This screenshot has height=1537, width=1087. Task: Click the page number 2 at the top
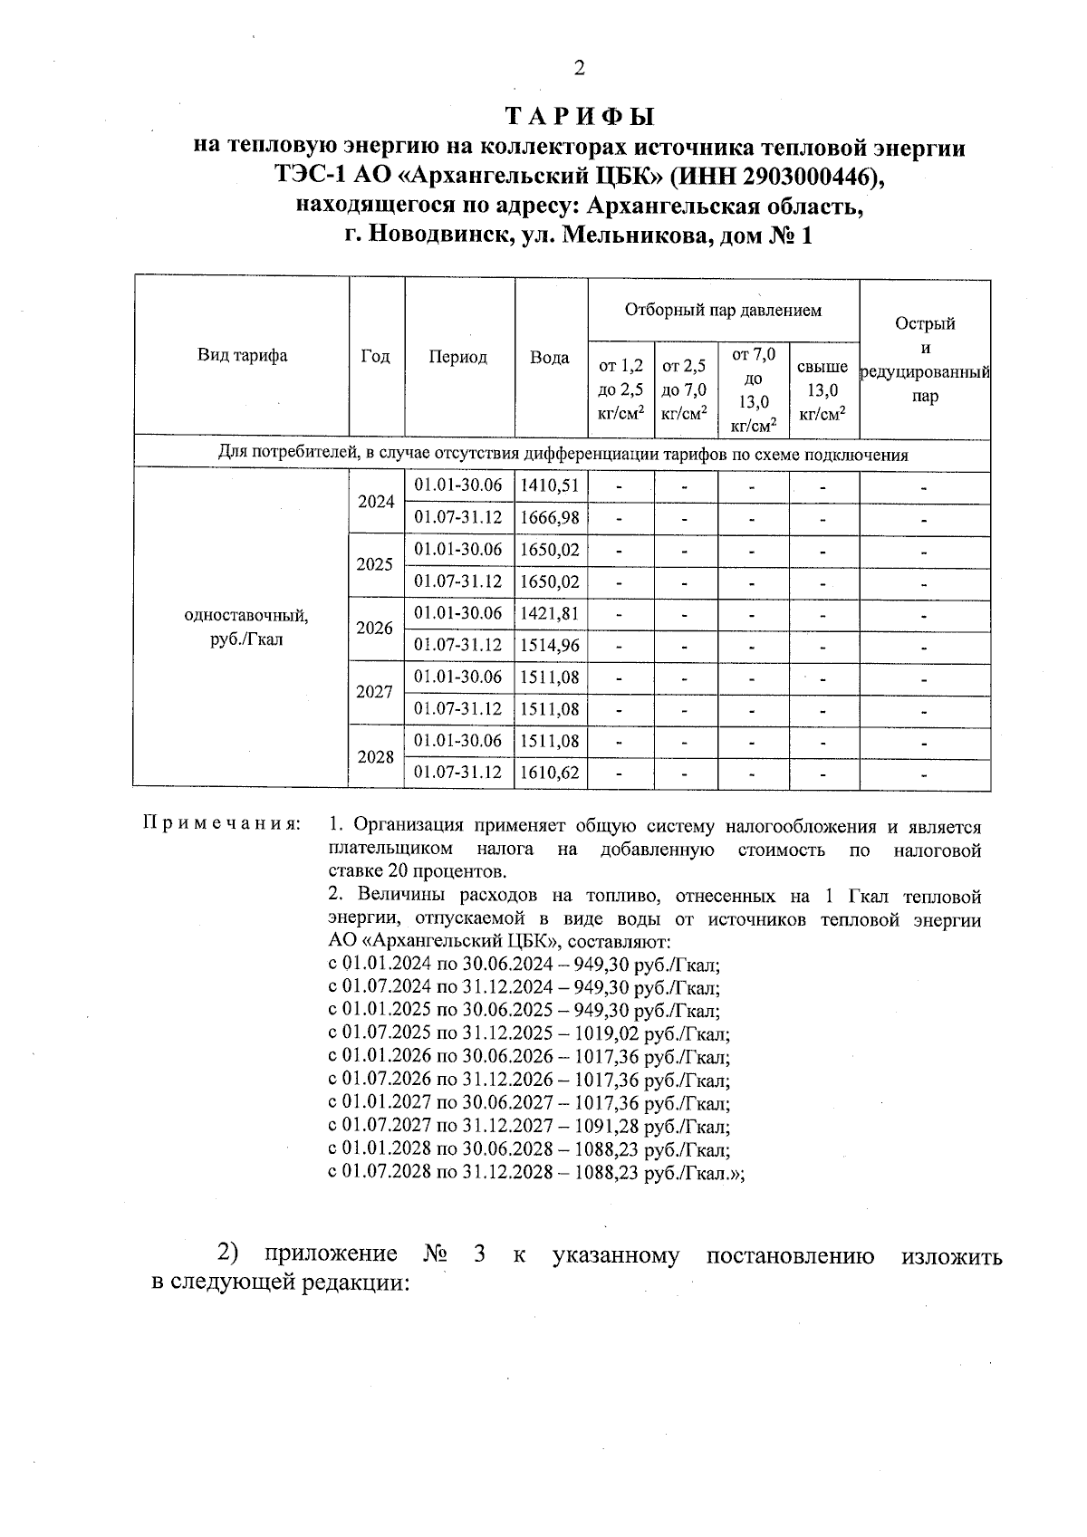coord(580,68)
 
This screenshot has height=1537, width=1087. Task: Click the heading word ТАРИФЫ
coord(580,118)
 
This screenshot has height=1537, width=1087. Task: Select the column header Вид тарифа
coord(242,356)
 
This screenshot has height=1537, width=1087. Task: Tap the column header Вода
coord(550,358)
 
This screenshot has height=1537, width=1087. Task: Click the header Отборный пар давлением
coord(723,311)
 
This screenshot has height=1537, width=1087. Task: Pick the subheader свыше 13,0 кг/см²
coord(822,389)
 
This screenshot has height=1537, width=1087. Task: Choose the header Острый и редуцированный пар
coord(925,360)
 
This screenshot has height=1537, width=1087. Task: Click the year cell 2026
coord(375,628)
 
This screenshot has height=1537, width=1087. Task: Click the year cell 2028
coord(375,757)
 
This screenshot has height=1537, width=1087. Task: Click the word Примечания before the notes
coord(222,825)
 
